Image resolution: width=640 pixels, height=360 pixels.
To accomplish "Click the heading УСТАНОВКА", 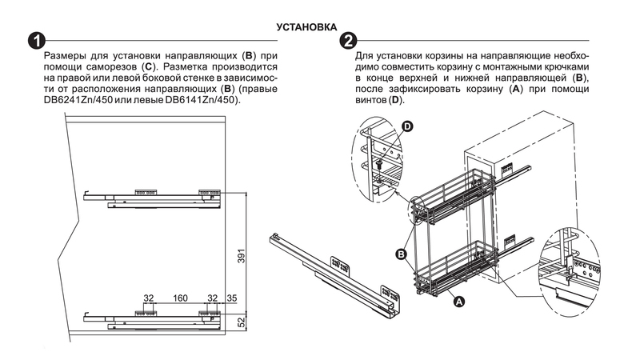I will point(306,27).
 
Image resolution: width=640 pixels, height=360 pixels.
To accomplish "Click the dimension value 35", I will point(231,298).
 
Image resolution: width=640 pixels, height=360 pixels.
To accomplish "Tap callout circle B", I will point(403,255).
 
